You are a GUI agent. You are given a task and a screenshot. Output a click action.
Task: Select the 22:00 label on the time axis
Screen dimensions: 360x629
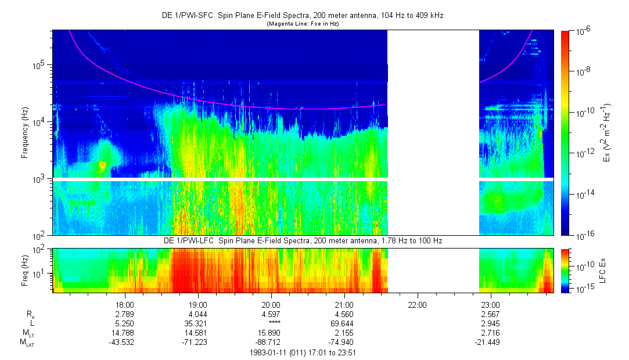(417, 304)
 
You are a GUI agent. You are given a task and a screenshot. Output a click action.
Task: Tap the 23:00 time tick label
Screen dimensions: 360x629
(490, 304)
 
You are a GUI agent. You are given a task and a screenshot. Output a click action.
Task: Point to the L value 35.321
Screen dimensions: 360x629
(198, 323)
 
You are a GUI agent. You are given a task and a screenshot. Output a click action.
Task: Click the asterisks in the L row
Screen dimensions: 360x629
(271, 323)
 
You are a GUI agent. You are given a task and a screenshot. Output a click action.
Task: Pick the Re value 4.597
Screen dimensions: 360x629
(271, 314)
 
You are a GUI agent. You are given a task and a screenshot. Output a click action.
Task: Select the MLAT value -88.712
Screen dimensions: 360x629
(271, 342)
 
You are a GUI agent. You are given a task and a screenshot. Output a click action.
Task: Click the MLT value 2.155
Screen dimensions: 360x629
(344, 333)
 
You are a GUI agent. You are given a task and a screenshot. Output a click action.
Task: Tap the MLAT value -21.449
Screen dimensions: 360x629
(490, 342)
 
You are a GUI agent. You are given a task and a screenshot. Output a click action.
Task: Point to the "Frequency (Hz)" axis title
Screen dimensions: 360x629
(25, 132)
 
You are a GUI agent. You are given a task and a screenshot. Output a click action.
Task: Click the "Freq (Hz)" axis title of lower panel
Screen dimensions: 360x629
(25, 269)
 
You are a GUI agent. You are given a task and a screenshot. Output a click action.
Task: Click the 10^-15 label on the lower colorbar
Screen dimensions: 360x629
(583, 288)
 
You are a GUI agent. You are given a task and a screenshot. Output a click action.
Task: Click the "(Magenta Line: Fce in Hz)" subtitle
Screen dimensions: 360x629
(303, 24)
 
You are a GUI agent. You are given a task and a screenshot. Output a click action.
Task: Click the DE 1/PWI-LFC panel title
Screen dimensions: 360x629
(303, 240)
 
